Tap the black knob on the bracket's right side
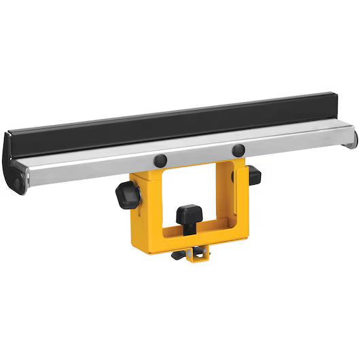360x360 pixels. click(253, 175)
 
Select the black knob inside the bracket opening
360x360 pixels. click(189, 218)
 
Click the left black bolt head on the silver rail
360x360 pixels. click(160, 160)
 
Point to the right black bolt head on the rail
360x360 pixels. click(238, 149)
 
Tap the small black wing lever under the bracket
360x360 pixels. click(179, 255)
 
